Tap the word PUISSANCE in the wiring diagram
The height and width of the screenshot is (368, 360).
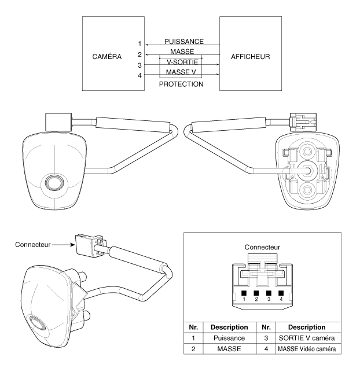(183, 42)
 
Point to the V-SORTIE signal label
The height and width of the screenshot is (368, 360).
(181, 62)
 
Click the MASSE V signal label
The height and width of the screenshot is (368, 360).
(181, 72)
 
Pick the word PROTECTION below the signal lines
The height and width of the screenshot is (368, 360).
(181, 84)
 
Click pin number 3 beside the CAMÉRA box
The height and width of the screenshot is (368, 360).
(139, 65)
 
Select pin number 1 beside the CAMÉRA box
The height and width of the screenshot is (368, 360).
(139, 44)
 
